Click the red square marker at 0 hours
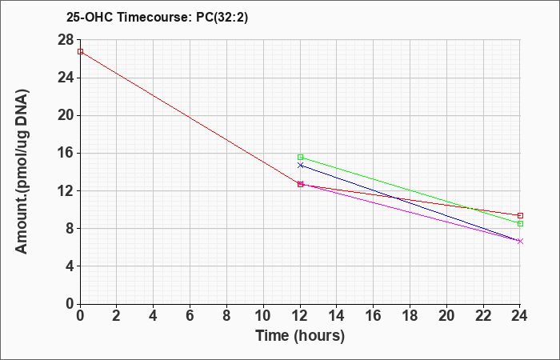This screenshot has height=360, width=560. tap(80, 51)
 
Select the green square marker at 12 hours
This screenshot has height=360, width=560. tap(300, 157)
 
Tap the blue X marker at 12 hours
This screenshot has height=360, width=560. tap(300, 166)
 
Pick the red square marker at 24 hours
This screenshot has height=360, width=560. tap(520, 215)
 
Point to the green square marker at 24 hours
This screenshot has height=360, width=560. tap(520, 223)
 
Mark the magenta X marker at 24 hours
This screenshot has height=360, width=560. tap(520, 242)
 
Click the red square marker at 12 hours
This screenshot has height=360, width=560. tap(300, 184)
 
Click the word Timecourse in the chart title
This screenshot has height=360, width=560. tap(154, 17)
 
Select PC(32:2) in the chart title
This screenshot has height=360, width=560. tap(222, 18)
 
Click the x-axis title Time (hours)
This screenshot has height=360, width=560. tap(300, 336)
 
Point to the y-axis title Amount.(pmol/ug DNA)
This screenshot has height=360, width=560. tap(22, 171)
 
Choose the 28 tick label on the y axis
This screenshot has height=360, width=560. tap(66, 40)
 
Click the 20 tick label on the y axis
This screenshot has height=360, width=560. tap(66, 115)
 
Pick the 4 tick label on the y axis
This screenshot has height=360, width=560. tap(70, 266)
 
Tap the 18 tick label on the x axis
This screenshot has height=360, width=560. tap(410, 316)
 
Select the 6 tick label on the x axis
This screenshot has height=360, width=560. tap(190, 316)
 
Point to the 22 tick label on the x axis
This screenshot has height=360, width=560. tap(483, 316)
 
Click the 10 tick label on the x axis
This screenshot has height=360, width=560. tap(263, 316)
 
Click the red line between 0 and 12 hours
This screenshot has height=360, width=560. tap(190, 118)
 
